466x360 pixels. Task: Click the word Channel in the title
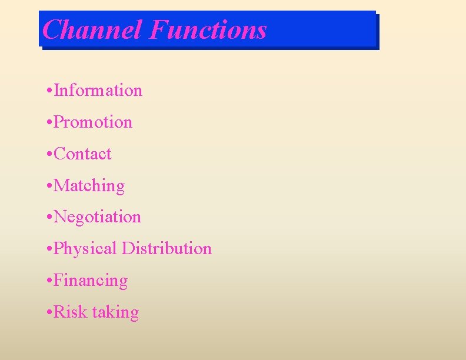(x=92, y=29)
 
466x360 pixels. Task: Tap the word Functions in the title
(x=208, y=29)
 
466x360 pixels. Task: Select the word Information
(x=98, y=91)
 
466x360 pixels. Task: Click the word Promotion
(x=93, y=122)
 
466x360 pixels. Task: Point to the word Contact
(x=82, y=154)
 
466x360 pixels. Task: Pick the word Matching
(x=89, y=186)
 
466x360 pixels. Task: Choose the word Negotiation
(x=98, y=218)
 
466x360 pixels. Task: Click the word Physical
(x=85, y=249)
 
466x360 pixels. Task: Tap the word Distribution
(x=167, y=249)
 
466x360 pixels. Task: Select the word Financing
(x=91, y=281)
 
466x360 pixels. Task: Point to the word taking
(x=115, y=313)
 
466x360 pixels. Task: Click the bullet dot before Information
(x=48, y=91)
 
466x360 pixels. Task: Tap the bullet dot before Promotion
(x=48, y=123)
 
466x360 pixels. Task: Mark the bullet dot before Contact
(x=48, y=155)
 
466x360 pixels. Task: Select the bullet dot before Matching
(x=48, y=186)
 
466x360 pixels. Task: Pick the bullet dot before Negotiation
(x=48, y=218)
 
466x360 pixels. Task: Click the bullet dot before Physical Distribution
(x=48, y=249)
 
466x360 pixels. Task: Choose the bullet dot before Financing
(x=48, y=281)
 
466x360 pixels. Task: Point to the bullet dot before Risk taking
(x=48, y=313)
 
